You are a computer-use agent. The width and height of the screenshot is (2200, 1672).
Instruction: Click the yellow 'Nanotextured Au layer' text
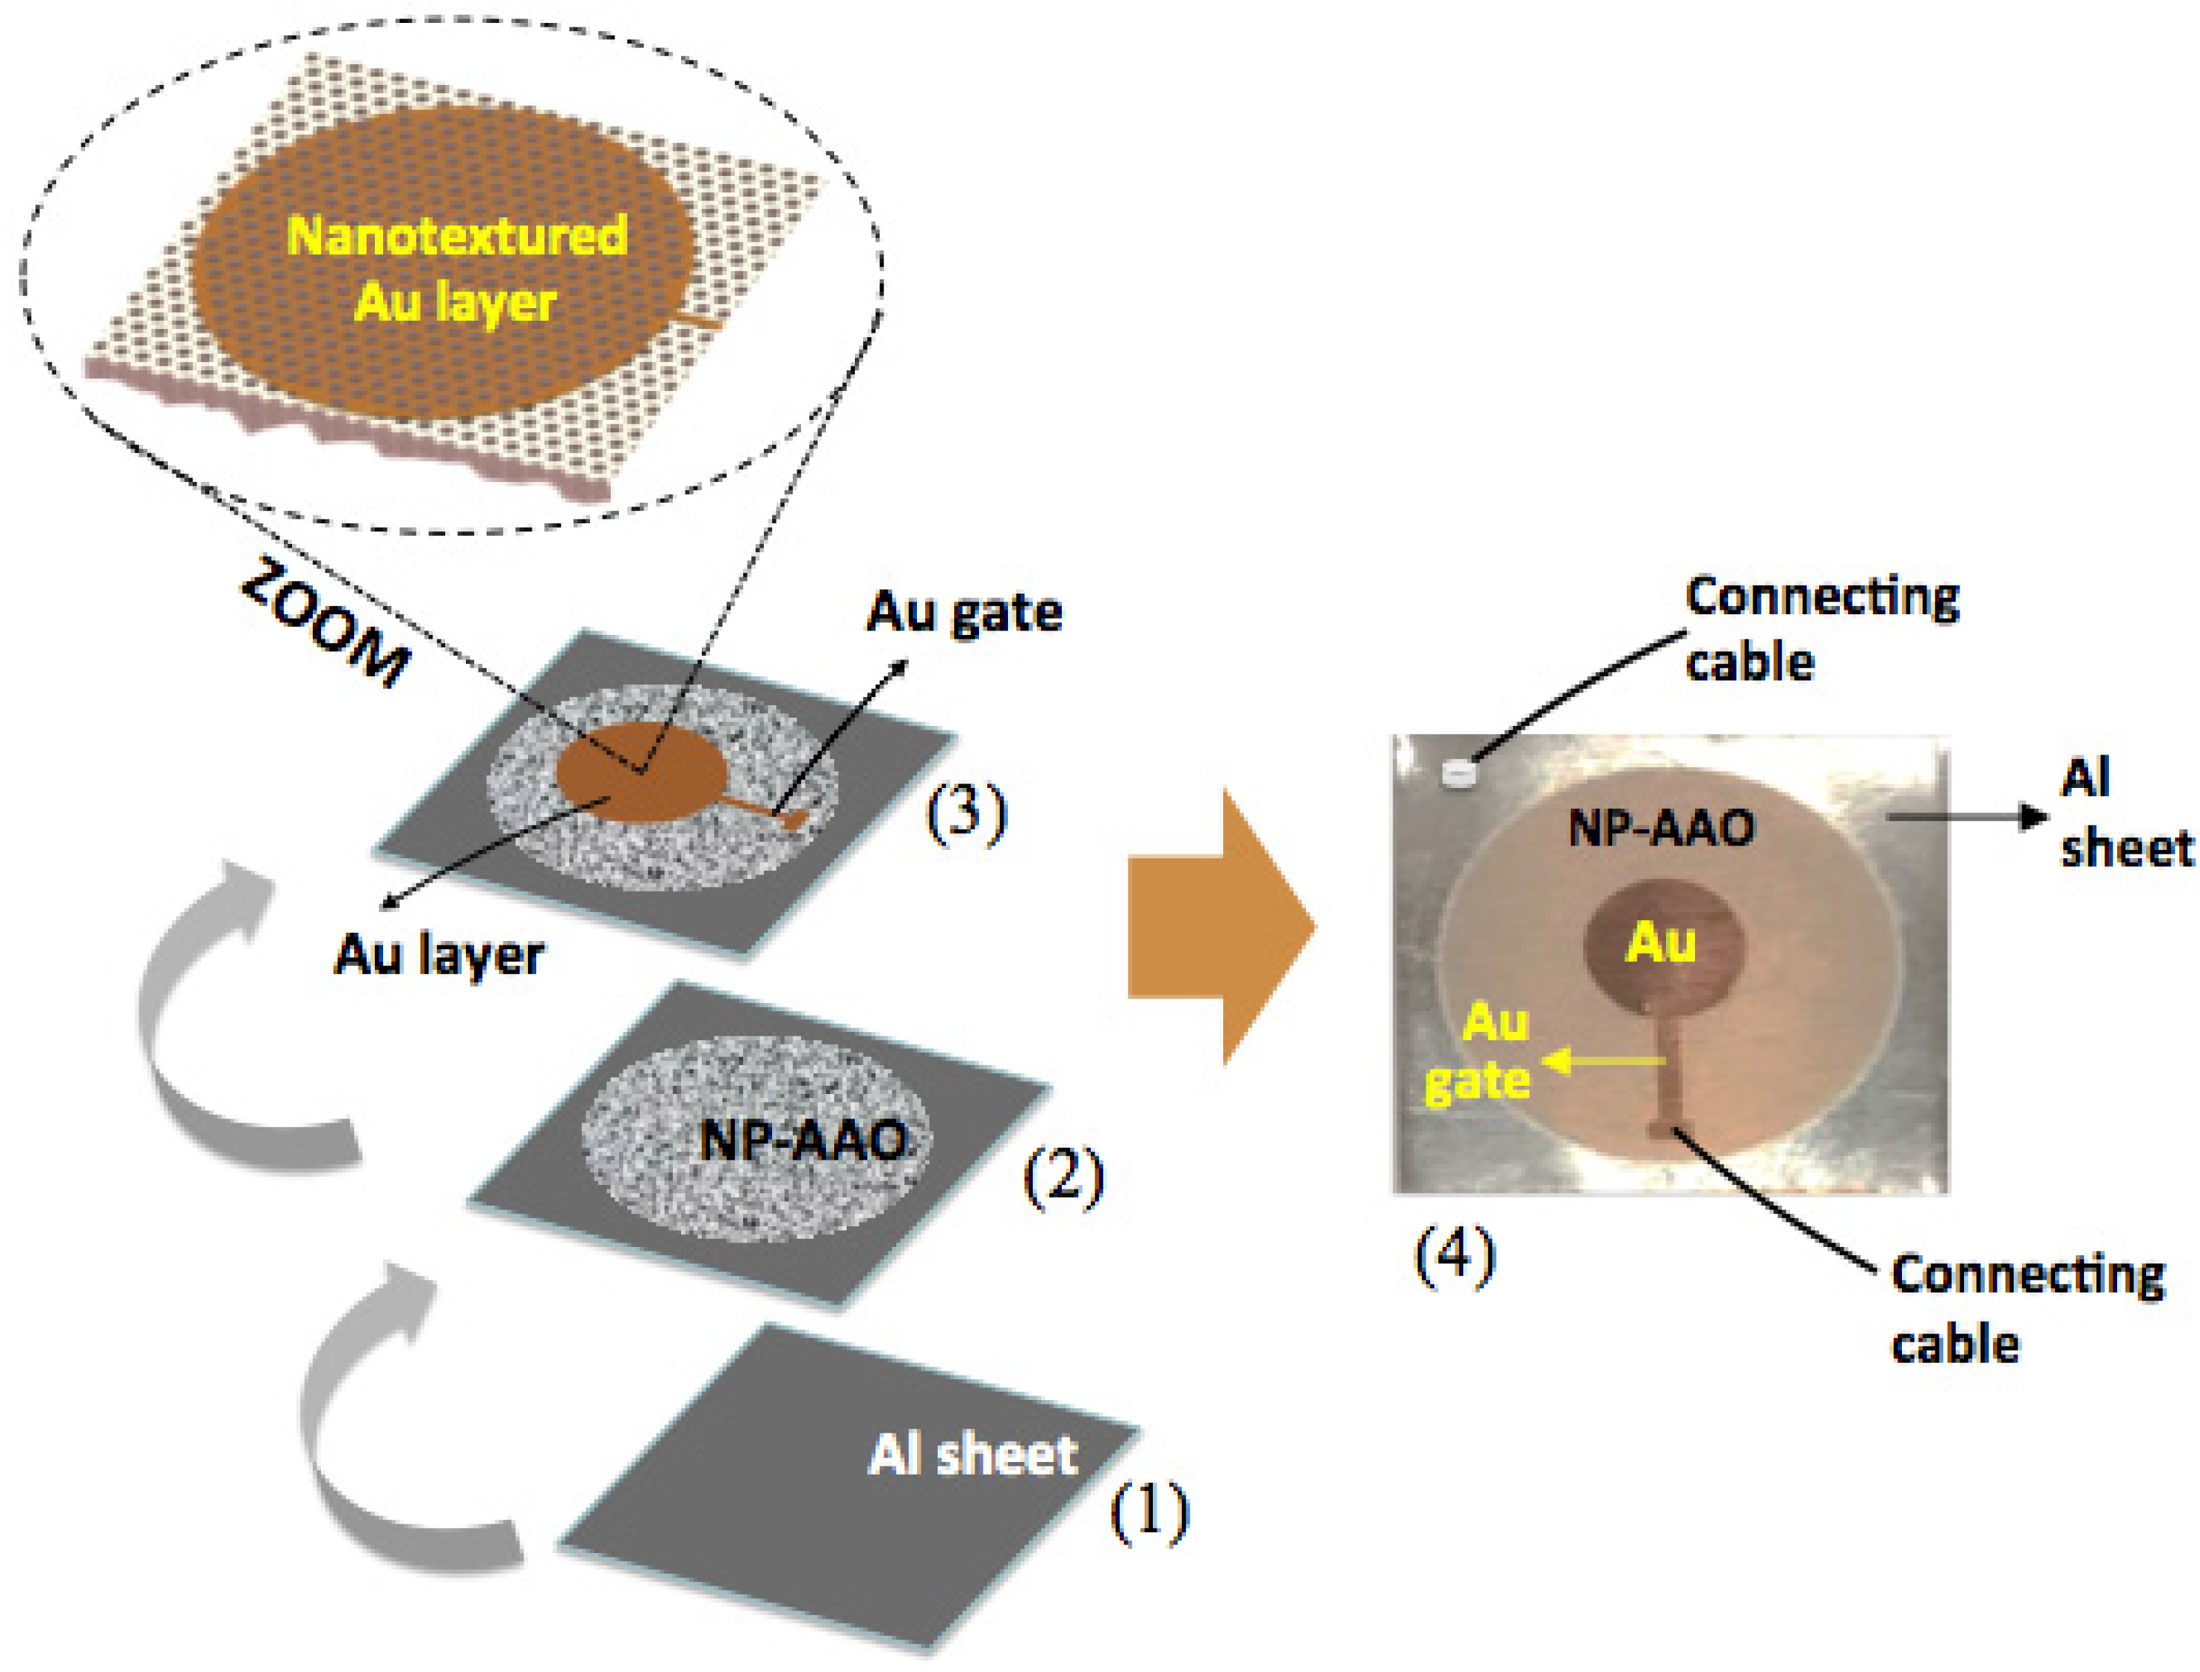click(x=456, y=269)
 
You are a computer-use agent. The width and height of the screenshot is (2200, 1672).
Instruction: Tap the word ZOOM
click(x=325, y=625)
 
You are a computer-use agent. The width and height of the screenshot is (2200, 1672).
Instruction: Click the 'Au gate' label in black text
click(x=964, y=612)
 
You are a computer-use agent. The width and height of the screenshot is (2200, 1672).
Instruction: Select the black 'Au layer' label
click(x=438, y=956)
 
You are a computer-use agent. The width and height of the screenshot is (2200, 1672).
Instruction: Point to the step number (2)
click(x=1063, y=1177)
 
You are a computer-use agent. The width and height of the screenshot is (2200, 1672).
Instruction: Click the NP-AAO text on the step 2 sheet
click(x=802, y=1141)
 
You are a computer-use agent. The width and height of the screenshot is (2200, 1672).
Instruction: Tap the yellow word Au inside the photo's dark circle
click(x=1660, y=942)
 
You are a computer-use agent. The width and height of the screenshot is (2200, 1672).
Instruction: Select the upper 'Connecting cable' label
click(x=1820, y=629)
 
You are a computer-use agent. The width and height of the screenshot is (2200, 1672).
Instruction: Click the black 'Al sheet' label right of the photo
click(x=2122, y=813)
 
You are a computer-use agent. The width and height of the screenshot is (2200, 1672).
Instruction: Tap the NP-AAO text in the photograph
click(x=1660, y=828)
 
